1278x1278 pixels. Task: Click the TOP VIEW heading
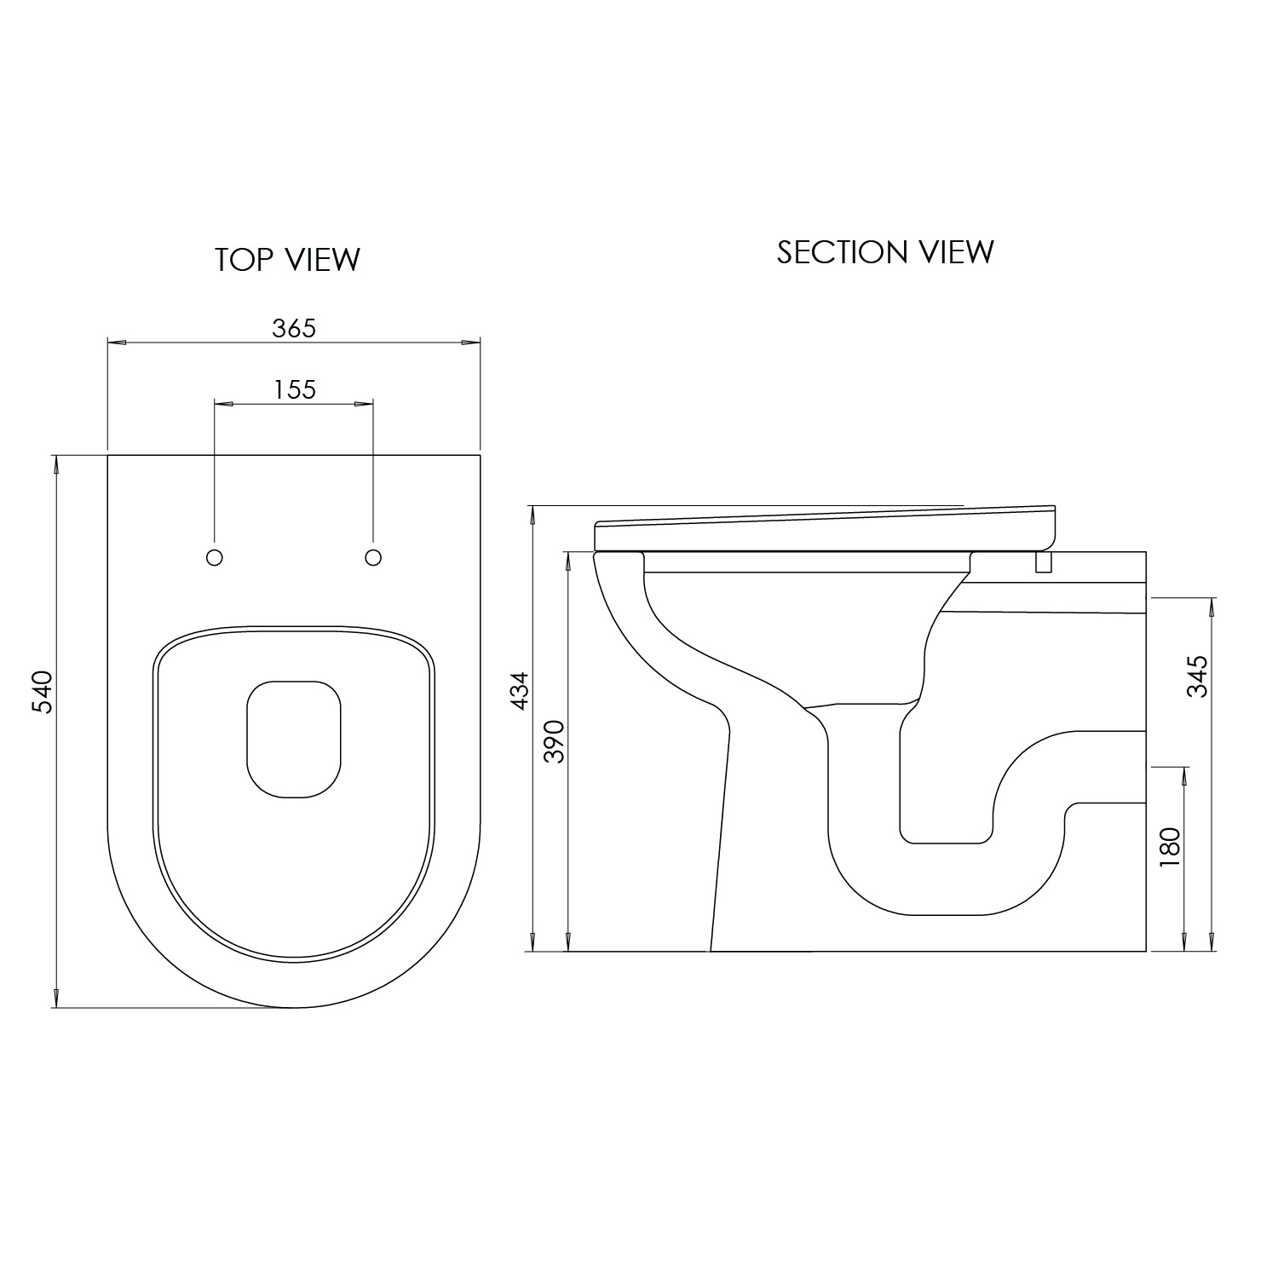[287, 260]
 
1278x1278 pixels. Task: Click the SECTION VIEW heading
[884, 252]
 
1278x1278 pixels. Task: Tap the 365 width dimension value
[294, 328]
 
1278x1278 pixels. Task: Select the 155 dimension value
[295, 389]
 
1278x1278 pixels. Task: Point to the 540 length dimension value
[43, 693]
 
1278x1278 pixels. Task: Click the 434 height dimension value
[519, 690]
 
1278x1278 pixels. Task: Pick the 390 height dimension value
[554, 741]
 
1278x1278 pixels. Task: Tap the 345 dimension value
[1198, 676]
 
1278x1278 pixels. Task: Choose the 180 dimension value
[1170, 848]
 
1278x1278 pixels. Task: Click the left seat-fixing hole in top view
[215, 557]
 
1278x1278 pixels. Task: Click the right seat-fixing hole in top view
[372, 557]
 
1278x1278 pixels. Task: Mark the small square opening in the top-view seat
[294, 740]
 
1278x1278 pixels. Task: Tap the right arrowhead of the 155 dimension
[366, 403]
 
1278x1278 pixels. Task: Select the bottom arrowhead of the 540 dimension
[56, 999]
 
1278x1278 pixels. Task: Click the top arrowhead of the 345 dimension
[1212, 604]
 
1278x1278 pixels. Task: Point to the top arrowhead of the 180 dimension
[1183, 774]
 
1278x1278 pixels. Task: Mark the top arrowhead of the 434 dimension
[532, 514]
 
